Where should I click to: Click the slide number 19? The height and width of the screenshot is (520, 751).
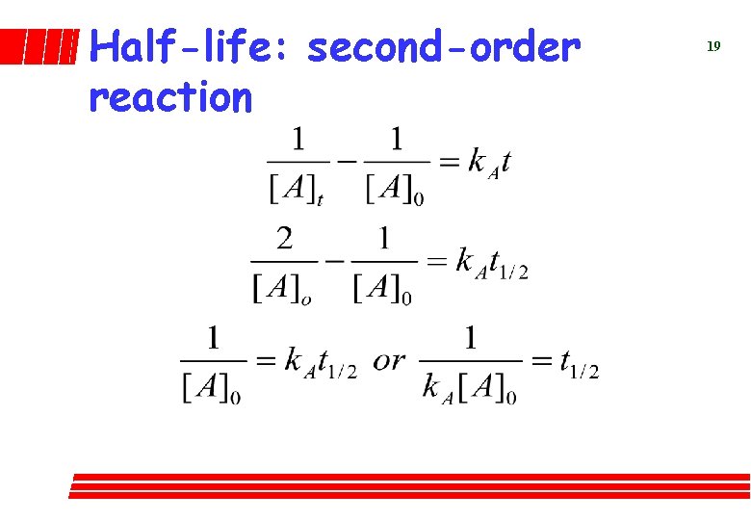pos(713,46)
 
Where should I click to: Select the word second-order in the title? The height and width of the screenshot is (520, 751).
pos(444,46)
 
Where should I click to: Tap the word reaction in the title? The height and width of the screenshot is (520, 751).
pos(170,96)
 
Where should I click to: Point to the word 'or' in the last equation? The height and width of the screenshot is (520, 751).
pos(389,360)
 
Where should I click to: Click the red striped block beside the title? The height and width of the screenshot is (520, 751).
pos(38,46)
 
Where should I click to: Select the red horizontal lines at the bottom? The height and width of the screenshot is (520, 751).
pos(409,485)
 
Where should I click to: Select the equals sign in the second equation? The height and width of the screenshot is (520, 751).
pos(436,261)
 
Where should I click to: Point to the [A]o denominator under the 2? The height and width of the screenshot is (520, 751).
pos(282,288)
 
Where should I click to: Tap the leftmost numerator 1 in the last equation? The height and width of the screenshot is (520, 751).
pos(214,337)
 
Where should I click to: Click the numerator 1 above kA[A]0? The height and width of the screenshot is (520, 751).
pos(471,337)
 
